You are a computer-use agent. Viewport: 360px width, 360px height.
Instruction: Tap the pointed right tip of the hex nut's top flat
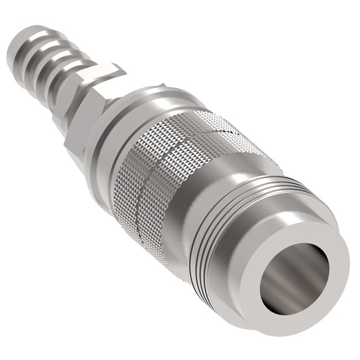[x=124, y=71]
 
